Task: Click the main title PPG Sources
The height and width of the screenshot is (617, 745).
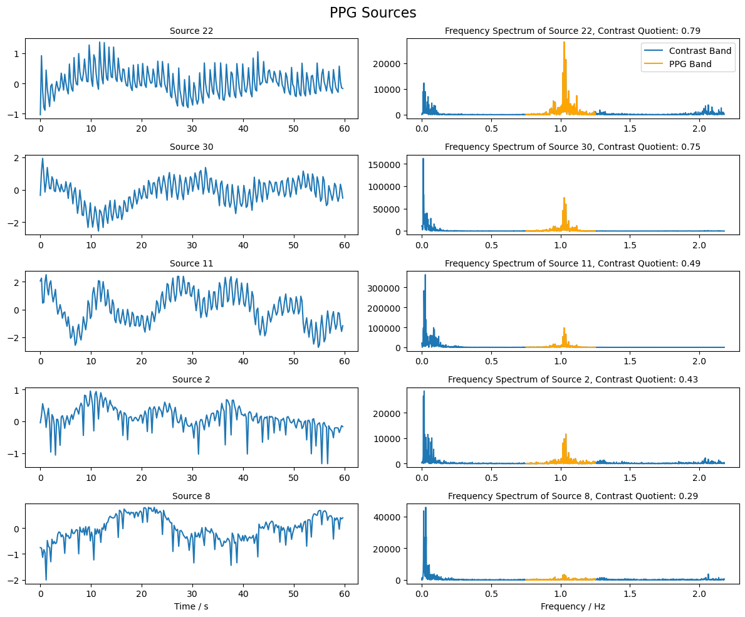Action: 373,13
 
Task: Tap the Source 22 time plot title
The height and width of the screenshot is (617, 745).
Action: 191,31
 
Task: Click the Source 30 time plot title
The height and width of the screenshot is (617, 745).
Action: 191,147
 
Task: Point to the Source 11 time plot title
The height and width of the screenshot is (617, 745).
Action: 191,263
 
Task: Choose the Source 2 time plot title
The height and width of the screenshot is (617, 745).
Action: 191,380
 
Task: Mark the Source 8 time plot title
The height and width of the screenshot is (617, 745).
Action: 191,496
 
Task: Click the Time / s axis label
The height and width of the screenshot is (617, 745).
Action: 191,606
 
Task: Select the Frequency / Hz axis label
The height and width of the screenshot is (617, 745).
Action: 573,606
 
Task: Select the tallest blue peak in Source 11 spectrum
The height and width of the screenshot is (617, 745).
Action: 425,275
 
